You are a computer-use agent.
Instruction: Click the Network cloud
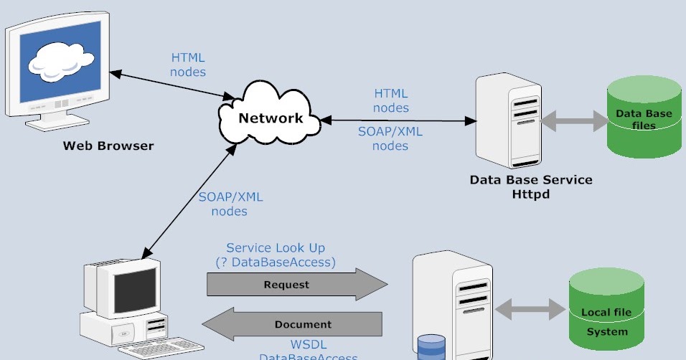pyautogui.click(x=271, y=116)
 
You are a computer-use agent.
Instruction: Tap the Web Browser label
pyautogui.click(x=108, y=146)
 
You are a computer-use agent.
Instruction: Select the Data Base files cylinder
pyautogui.click(x=644, y=118)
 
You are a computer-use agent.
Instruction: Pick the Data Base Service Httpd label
pyautogui.click(x=531, y=186)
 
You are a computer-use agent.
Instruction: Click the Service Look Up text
pyautogui.click(x=276, y=248)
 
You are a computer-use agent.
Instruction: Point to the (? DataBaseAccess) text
pyautogui.click(x=276, y=262)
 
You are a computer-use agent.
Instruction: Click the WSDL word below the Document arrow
pyautogui.click(x=308, y=344)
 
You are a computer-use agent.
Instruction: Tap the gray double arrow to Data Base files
pyautogui.click(x=573, y=121)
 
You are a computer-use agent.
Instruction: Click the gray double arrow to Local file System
pyautogui.click(x=530, y=310)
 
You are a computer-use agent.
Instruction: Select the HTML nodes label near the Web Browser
pyautogui.click(x=188, y=65)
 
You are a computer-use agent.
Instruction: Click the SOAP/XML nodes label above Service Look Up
pyautogui.click(x=230, y=204)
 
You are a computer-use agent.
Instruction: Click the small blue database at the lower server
pyautogui.click(x=431, y=346)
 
